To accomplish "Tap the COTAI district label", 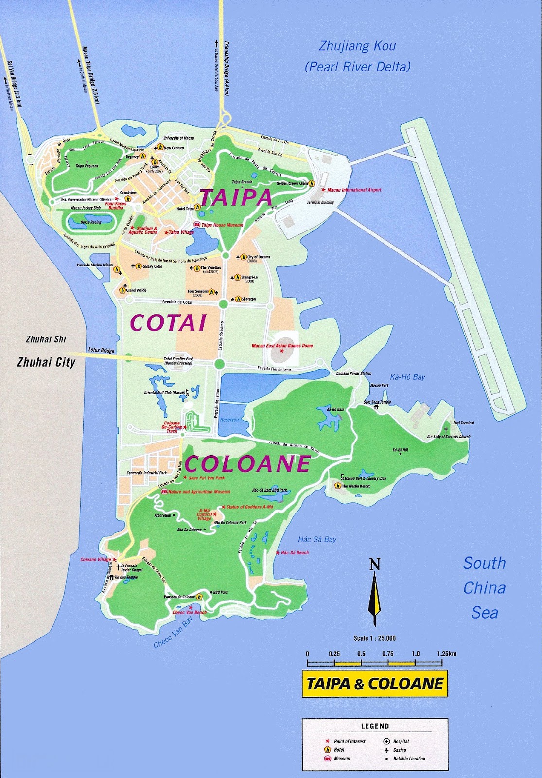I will [x=168, y=323].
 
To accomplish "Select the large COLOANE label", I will [x=247, y=464].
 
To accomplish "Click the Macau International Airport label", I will [x=354, y=190].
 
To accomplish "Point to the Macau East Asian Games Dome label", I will [x=282, y=346].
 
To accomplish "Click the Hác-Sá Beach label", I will [x=295, y=553].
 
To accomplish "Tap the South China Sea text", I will [x=484, y=588].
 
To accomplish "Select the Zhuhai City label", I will [x=46, y=362].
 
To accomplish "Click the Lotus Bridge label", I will [x=101, y=350].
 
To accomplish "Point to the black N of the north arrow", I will [x=374, y=565].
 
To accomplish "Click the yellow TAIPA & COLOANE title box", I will [x=375, y=684].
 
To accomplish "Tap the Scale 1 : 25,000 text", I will [x=374, y=638].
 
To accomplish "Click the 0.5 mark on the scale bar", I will [x=361, y=654].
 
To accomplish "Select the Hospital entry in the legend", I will [x=401, y=742].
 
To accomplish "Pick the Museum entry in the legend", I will [x=342, y=759].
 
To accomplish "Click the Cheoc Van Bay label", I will [x=174, y=633].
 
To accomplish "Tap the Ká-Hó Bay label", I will [x=407, y=377].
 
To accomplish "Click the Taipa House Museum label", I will [x=222, y=225].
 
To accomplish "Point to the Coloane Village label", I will [x=96, y=560].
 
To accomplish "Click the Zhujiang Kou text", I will [x=357, y=46].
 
